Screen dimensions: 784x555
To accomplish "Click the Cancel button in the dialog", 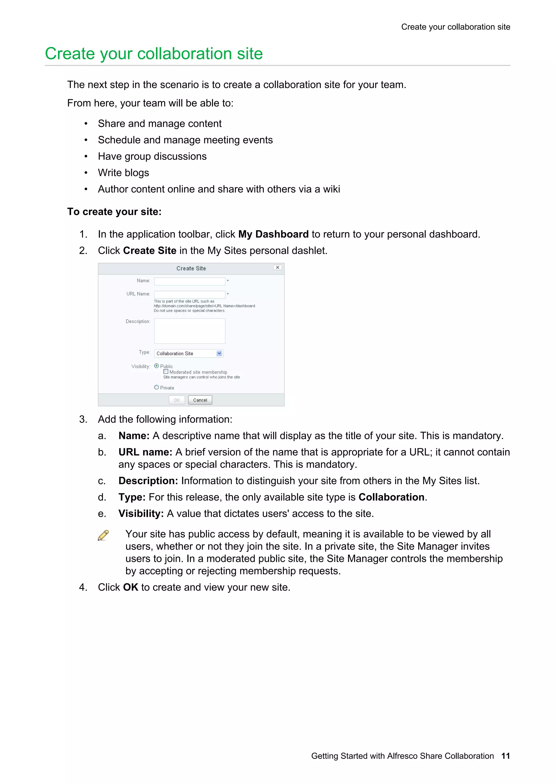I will point(200,400).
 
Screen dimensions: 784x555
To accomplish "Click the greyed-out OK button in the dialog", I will point(177,400).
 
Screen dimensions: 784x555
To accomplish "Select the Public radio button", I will point(157,366).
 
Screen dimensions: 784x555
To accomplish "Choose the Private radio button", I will point(157,387).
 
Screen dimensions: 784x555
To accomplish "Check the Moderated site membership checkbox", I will point(166,371).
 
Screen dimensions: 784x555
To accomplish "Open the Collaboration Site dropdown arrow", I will point(219,353).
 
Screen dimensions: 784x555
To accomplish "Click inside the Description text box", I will point(189,331).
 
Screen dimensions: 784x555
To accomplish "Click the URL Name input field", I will point(189,294).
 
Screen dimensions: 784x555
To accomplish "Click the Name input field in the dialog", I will point(189,281).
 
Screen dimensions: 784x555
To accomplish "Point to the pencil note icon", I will point(103,535).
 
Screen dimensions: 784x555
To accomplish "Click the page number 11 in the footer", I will point(505,756).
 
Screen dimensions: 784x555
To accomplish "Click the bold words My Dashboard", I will point(273,234).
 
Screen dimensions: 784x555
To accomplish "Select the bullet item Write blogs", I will point(124,173).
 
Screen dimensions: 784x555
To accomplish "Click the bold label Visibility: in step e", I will point(141,513).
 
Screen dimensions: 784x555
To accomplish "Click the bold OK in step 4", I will point(130,587).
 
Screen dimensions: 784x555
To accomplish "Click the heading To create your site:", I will point(114,212).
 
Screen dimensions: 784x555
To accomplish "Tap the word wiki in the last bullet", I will point(331,189).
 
